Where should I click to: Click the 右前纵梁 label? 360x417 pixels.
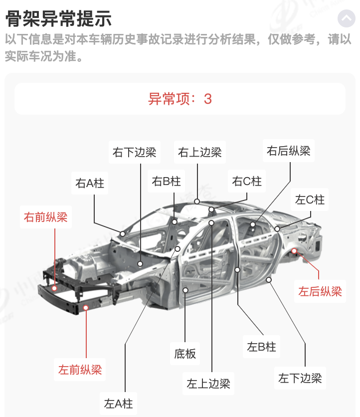[x=46, y=217]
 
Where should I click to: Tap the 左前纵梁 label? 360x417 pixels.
[x=80, y=370]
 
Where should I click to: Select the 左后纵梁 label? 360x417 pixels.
[x=320, y=291]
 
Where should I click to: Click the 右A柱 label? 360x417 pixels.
[x=90, y=183]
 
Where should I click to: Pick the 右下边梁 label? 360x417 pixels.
[x=134, y=152]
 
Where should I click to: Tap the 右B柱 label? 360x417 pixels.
[x=166, y=181]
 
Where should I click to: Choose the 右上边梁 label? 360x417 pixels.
[x=199, y=152]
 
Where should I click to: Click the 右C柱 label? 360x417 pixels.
[x=247, y=181]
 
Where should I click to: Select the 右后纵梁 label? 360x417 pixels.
[x=289, y=151]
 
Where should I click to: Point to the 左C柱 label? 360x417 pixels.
[x=310, y=200]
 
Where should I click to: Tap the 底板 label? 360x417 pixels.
[x=185, y=354]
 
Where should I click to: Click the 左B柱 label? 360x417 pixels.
[x=261, y=347]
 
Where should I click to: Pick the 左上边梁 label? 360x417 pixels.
[x=208, y=384]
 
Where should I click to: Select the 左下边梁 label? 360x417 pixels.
[x=300, y=378]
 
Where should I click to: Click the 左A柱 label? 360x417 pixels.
[x=118, y=404]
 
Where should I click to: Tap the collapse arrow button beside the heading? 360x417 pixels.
[x=347, y=18]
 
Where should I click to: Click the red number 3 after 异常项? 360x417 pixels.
[x=207, y=99]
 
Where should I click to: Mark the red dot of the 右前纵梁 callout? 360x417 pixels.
[x=54, y=288]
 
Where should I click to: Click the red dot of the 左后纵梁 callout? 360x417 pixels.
[x=294, y=251]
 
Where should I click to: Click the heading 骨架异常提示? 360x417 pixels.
[x=58, y=18]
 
